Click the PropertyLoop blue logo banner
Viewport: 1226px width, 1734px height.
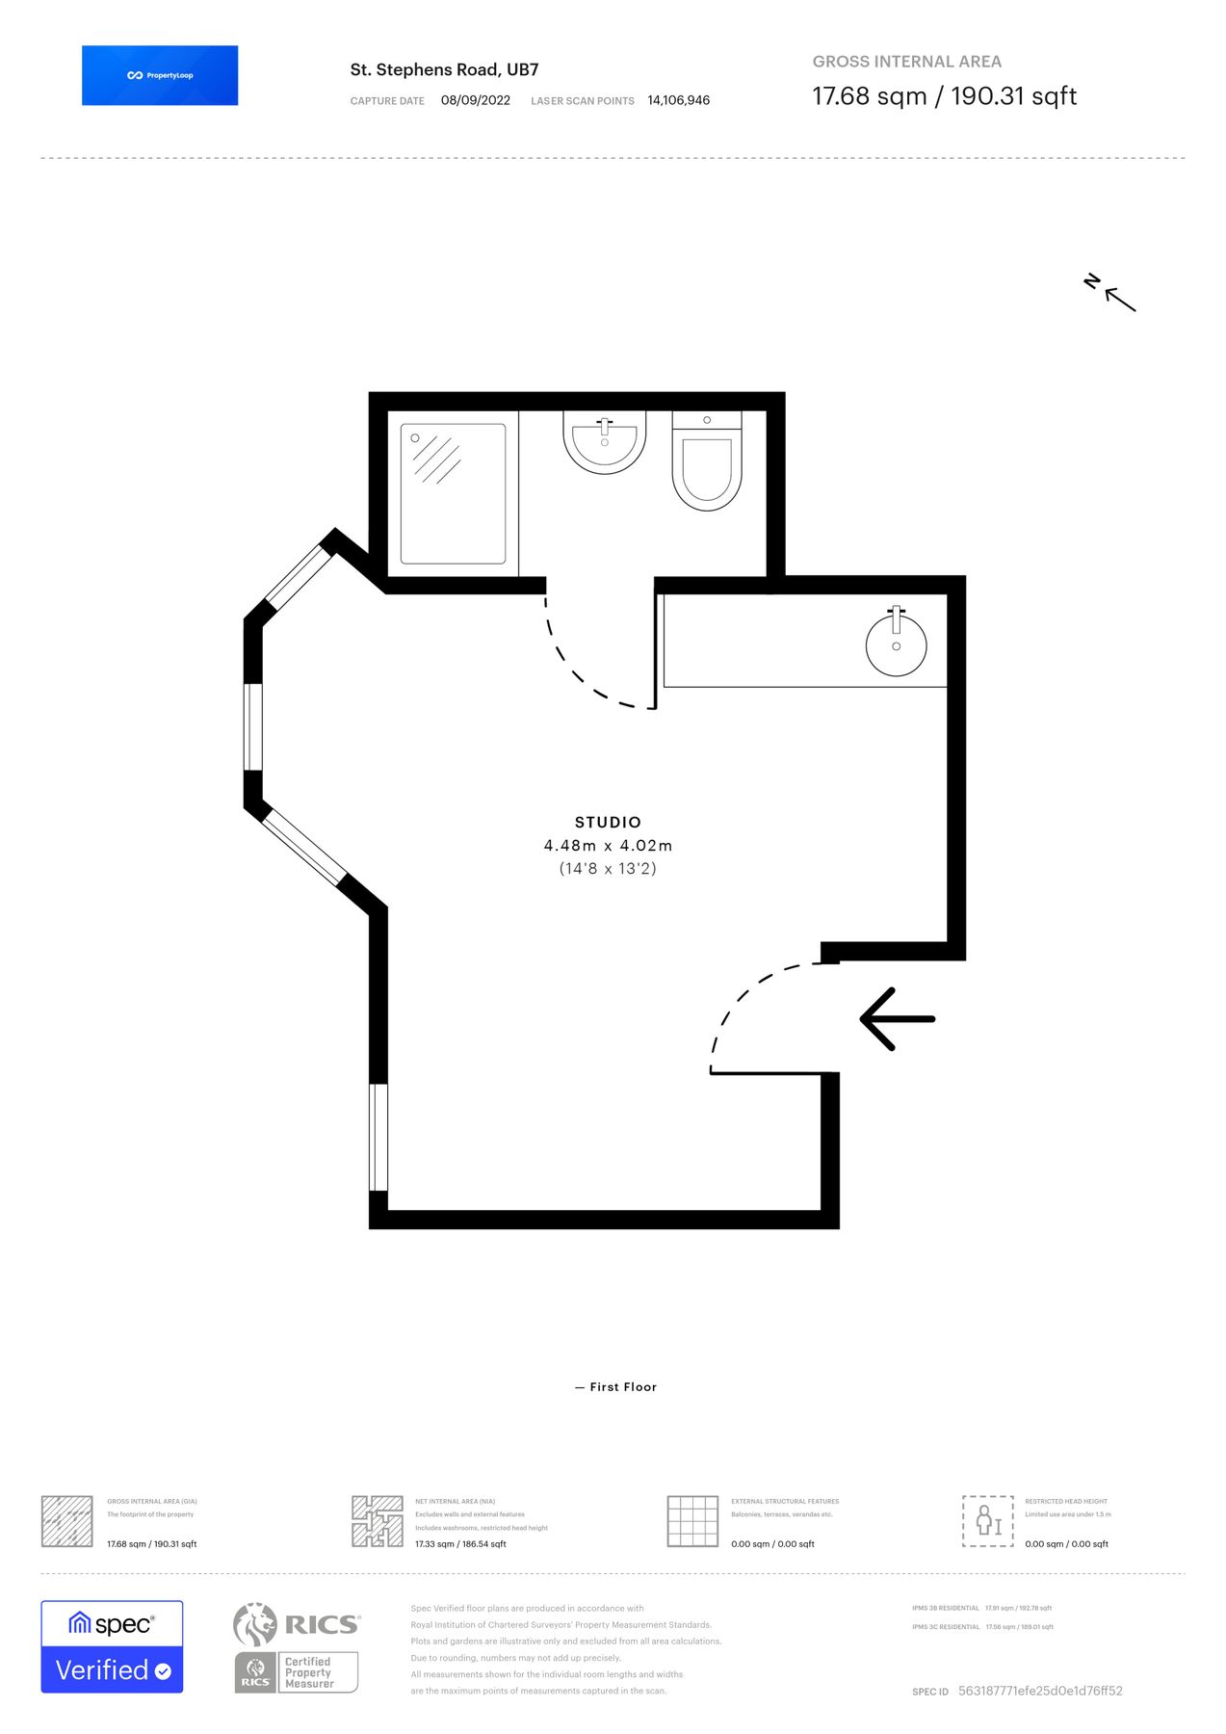click(x=160, y=75)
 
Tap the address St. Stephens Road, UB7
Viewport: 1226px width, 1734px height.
click(x=444, y=69)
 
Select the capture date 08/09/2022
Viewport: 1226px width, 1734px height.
click(x=475, y=100)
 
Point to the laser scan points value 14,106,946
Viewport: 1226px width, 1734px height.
click(x=678, y=100)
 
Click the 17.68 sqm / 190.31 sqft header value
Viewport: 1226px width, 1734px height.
click(x=944, y=96)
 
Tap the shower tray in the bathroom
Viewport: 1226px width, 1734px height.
click(x=453, y=493)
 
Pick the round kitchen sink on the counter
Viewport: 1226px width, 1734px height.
click(x=896, y=644)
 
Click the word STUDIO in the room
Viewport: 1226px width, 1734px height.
click(x=608, y=822)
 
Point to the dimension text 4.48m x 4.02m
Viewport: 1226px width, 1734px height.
click(x=608, y=845)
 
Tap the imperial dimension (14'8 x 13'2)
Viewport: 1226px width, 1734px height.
click(x=608, y=868)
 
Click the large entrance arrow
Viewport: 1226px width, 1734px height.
click(x=897, y=1018)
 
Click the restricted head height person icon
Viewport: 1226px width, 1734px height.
click(x=987, y=1521)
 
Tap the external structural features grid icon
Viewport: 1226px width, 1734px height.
click(x=692, y=1521)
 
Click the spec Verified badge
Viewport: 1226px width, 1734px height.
click(x=112, y=1646)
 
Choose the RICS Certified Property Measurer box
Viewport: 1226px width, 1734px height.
click(x=297, y=1671)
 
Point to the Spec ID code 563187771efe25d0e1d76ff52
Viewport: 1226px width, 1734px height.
click(x=1039, y=1691)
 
